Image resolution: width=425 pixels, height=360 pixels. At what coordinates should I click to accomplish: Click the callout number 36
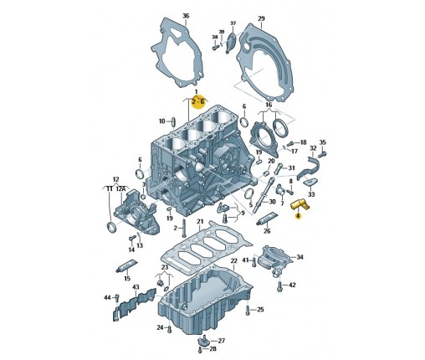pyautogui.click(x=186, y=16)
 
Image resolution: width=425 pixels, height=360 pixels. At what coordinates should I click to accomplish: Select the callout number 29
pyautogui.click(x=261, y=18)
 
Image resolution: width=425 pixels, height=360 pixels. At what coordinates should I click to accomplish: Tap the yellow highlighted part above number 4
pyautogui.click(x=300, y=205)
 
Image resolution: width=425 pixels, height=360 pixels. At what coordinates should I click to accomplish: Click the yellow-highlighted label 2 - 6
pyautogui.click(x=198, y=102)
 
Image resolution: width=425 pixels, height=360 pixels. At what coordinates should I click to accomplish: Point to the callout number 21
pyautogui.click(x=200, y=222)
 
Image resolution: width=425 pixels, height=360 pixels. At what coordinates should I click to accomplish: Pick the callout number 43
pyautogui.click(x=136, y=287)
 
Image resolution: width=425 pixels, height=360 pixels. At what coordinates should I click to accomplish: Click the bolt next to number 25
pyautogui.click(x=248, y=311)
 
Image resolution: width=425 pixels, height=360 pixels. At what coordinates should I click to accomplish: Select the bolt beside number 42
pyautogui.click(x=279, y=285)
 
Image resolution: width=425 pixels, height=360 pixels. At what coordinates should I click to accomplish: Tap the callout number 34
pyautogui.click(x=300, y=257)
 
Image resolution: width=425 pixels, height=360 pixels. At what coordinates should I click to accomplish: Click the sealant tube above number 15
pyautogui.click(x=127, y=265)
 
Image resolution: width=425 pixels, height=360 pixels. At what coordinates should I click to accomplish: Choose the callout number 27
pyautogui.click(x=221, y=341)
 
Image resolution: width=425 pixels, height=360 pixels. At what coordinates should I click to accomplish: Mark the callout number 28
pyautogui.click(x=212, y=349)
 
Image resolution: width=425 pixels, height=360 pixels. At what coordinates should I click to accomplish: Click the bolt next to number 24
pyautogui.click(x=170, y=329)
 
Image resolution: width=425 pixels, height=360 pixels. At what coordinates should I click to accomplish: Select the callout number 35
pyautogui.click(x=322, y=142)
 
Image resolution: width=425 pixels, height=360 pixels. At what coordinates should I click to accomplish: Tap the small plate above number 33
pyautogui.click(x=310, y=183)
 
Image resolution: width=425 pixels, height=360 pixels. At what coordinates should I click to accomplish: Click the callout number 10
pyautogui.click(x=162, y=121)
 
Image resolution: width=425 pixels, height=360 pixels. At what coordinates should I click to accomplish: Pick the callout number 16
pyautogui.click(x=269, y=105)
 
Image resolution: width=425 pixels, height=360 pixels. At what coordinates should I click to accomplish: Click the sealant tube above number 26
pyautogui.click(x=267, y=219)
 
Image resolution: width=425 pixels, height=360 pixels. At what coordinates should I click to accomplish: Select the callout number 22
pyautogui.click(x=233, y=261)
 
